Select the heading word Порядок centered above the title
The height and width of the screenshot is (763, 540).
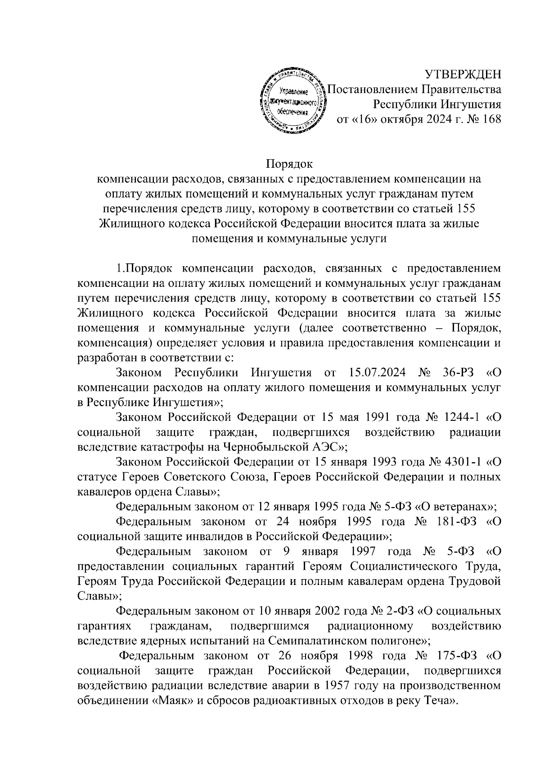click(289, 163)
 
